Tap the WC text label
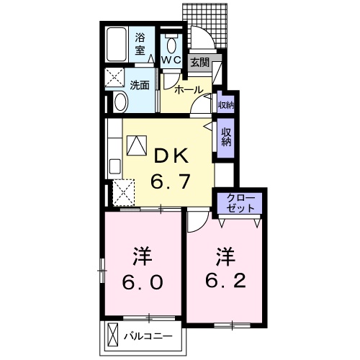171,60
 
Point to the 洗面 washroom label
140,84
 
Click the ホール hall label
189,90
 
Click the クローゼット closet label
240,202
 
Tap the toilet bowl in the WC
171,42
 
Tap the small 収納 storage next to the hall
225,104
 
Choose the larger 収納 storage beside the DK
226,136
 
